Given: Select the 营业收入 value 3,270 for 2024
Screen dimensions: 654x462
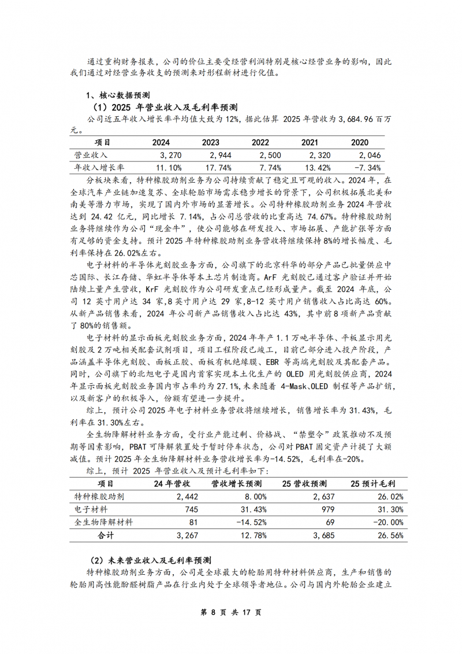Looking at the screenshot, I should pos(170,155).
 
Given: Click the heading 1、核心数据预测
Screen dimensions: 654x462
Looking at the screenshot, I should pos(118,95).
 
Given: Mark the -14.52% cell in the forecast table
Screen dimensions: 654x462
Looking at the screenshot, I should pos(248,522).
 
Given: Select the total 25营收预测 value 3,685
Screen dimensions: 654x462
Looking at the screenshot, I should pos(323,535).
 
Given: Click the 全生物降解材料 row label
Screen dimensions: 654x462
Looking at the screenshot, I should pos(104,522).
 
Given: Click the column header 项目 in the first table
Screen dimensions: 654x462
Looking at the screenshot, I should pos(103,142).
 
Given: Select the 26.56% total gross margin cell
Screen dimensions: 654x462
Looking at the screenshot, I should pos(389,535).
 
